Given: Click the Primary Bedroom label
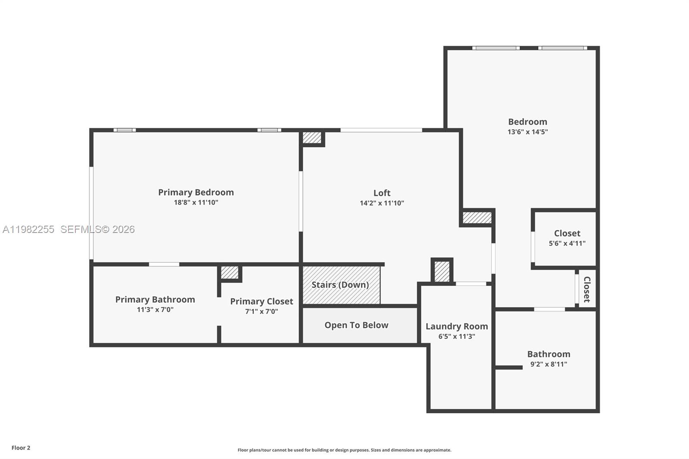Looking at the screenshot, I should [196, 192].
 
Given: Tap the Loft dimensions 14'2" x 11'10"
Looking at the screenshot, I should [382, 203].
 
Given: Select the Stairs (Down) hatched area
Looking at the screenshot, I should [341, 285].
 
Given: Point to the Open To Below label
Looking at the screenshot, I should [356, 325].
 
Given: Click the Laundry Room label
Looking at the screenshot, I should [456, 326].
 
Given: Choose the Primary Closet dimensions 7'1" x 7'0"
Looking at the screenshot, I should [261, 311].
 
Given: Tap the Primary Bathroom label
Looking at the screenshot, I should [155, 300].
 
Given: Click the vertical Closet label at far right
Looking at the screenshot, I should [587, 289].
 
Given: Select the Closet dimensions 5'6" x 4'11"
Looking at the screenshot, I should [567, 243].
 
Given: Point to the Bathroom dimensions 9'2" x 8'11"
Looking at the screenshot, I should [548, 364].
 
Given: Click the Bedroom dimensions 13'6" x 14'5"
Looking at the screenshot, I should [527, 132].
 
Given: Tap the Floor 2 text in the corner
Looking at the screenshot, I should [21, 448].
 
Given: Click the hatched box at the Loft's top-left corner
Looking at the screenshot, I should [312, 138].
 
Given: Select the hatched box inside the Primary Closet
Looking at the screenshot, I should [230, 273].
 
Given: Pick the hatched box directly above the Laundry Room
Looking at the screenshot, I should [442, 271].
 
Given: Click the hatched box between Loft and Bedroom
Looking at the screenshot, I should [477, 217].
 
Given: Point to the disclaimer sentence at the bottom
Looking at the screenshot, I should [344, 450].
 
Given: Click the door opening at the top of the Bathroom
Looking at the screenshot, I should [549, 309].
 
